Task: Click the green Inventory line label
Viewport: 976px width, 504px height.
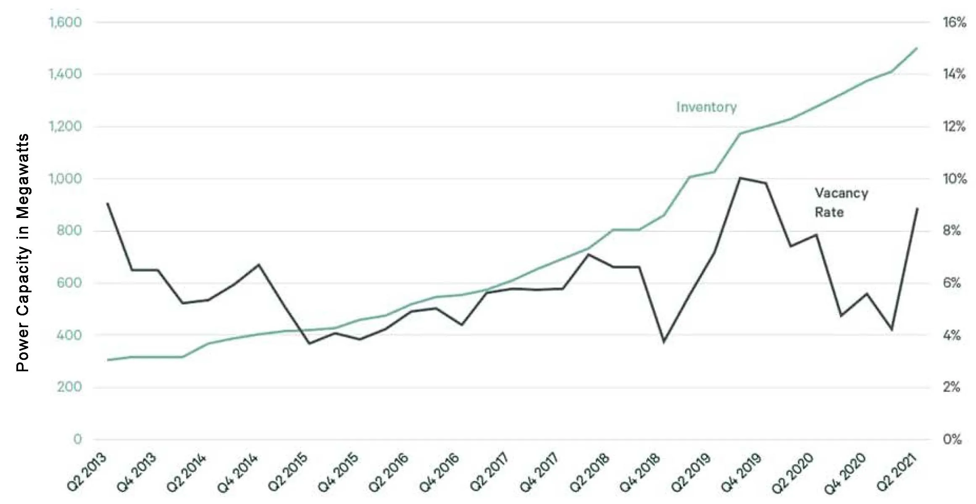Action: [706, 107]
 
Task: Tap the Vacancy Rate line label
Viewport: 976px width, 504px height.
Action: [841, 202]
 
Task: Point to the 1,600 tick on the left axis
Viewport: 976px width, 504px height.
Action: [65, 22]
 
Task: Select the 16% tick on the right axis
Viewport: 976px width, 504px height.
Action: [954, 22]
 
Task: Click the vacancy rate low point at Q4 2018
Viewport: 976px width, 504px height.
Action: [664, 342]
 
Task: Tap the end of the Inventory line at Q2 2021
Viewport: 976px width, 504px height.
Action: [917, 48]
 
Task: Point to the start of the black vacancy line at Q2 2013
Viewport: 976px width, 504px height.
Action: [108, 203]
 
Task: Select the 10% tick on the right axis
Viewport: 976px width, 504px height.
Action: [954, 179]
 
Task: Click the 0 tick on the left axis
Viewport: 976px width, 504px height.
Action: [77, 439]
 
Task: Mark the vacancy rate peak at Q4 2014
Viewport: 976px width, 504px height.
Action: [259, 265]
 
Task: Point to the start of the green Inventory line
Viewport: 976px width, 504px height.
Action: [108, 360]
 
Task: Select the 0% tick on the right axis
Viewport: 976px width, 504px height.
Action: [952, 439]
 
